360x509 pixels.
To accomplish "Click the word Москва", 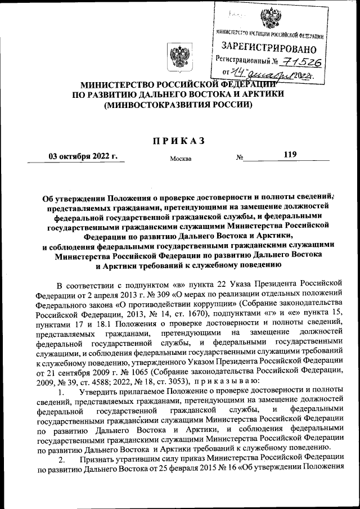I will tap(181, 159).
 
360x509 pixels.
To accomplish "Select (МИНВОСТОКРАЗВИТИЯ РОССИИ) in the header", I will tap(179, 105).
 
